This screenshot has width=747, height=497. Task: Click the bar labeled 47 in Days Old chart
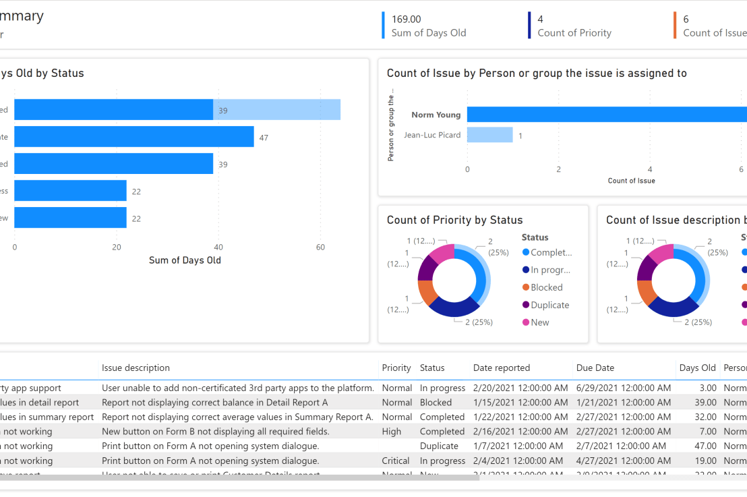[x=133, y=137]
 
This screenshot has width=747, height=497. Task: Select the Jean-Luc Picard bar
[x=489, y=135]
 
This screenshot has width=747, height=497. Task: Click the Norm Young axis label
[x=436, y=115]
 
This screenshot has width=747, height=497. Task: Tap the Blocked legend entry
[x=546, y=287]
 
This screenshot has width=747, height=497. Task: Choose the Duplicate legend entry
[x=549, y=305]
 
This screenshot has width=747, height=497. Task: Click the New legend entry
[x=539, y=322]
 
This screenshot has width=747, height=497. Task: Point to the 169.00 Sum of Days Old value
[x=406, y=20]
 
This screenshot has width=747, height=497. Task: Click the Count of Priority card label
[x=574, y=33]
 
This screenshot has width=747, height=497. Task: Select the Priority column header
[x=396, y=368]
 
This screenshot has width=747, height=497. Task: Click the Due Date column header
[x=595, y=368]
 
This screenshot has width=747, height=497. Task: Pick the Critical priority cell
[x=395, y=461]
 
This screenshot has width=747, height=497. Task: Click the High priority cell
[x=391, y=432]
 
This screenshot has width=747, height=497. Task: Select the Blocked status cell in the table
[x=436, y=403]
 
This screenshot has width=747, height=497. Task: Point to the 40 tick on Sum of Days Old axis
[x=218, y=247]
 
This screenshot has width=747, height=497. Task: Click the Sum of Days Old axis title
[x=184, y=260]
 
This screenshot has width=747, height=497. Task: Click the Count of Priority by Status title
[x=454, y=220]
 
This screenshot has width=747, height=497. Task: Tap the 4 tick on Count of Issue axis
[x=649, y=169]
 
